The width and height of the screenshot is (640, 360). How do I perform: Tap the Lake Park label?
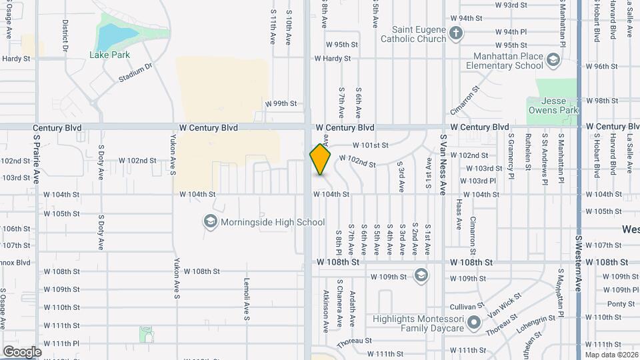coord(111,55)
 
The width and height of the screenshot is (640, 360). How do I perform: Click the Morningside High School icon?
coord(211,221)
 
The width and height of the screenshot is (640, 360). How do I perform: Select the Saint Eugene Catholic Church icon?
coord(455,33)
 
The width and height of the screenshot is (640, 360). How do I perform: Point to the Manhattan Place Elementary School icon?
coord(553,61)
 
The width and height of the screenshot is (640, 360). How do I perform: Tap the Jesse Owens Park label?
coord(553,105)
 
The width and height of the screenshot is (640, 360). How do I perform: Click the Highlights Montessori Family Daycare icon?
coord(473,324)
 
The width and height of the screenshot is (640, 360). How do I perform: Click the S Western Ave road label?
coord(579,263)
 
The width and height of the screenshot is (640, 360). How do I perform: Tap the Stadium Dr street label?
coord(135,73)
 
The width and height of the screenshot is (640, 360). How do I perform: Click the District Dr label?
coord(65,35)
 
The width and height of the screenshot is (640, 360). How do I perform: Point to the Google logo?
coord(22,351)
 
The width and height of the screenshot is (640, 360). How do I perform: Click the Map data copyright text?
coord(611,355)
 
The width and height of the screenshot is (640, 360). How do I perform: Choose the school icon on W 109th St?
coord(421,275)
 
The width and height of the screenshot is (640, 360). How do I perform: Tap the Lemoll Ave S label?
coord(246,299)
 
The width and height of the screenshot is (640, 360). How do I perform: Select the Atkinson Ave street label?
coord(326,310)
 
